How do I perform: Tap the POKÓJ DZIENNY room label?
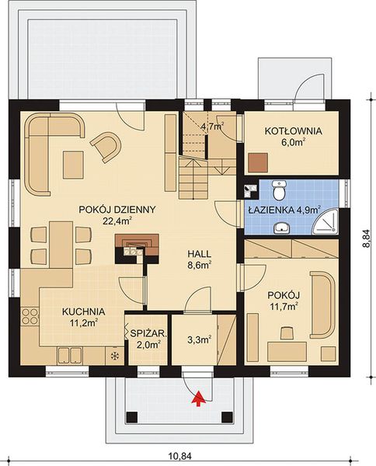(x=119, y=210)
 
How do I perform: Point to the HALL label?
(x=200, y=254)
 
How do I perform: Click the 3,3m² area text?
(x=199, y=339)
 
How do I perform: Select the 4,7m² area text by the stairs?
(x=211, y=125)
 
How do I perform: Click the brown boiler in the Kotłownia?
(x=258, y=162)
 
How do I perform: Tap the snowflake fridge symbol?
(x=115, y=356)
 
